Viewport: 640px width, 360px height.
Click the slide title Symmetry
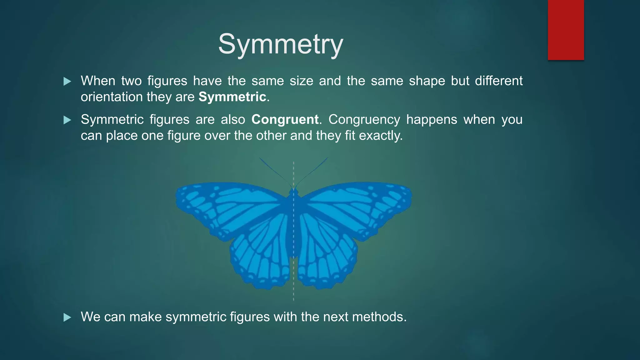281,44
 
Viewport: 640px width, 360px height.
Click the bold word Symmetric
232,97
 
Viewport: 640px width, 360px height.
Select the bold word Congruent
285,120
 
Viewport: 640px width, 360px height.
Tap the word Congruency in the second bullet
364,120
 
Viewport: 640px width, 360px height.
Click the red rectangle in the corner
566,30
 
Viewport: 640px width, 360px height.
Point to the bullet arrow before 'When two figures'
67,82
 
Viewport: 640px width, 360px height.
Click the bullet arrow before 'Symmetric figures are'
67,120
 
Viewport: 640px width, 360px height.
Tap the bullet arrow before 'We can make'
67,318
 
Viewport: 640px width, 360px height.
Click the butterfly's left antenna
275,172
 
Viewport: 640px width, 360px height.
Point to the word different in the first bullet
498,81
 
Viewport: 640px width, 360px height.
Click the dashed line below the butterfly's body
293,281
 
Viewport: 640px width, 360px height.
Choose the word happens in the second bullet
432,120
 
